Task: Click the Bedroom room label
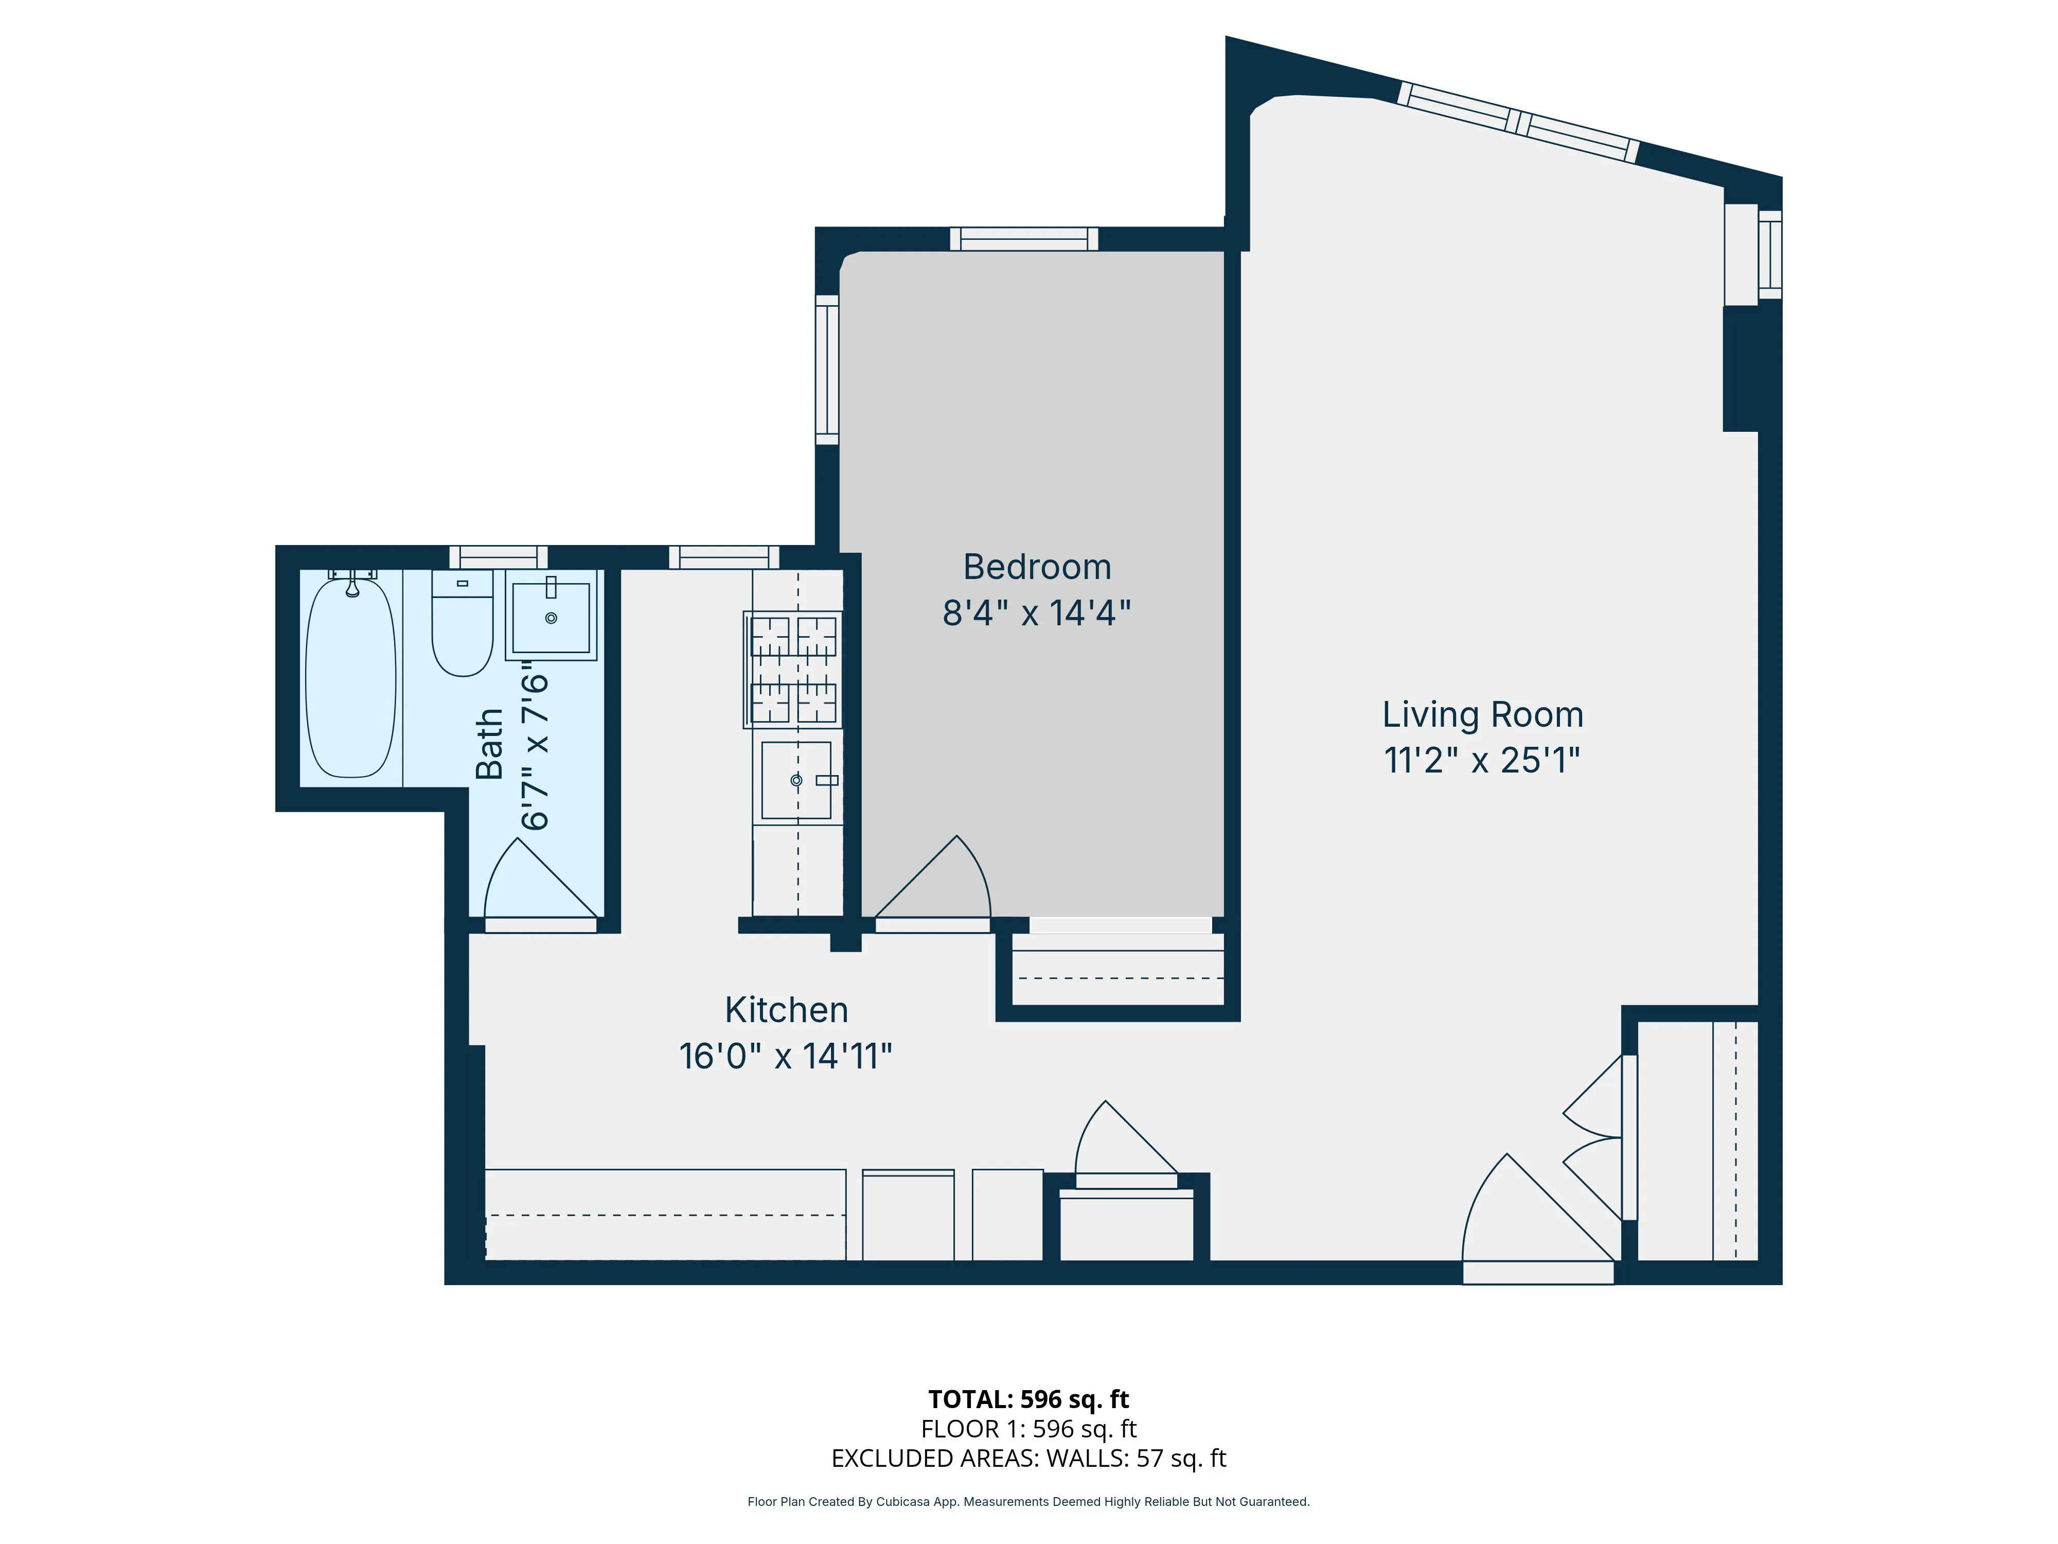pos(1036,567)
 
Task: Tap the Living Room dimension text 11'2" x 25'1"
pos(1481,760)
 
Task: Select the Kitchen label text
pos(786,1010)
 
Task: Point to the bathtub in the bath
pos(351,677)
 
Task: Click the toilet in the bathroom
pos(463,624)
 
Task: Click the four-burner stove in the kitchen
pos(793,669)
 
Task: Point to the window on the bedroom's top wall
pos(1023,239)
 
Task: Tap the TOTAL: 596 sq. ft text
pos(1028,1399)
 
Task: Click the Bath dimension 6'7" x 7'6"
pos(535,745)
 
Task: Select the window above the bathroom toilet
pos(499,556)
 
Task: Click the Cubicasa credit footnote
pos(1028,1501)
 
